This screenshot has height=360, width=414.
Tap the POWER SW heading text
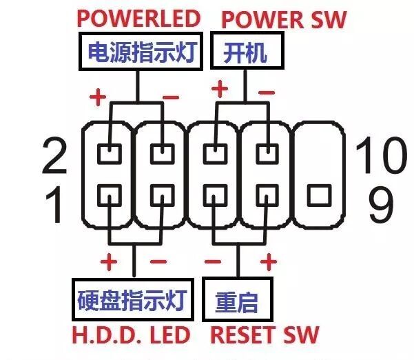click(284, 19)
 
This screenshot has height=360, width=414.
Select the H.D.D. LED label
click(130, 336)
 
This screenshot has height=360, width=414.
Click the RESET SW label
click(265, 336)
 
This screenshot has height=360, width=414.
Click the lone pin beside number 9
click(318, 196)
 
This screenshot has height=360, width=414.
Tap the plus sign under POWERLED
click(97, 97)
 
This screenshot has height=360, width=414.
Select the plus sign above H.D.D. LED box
click(109, 262)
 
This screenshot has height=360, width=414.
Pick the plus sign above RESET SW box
click(269, 262)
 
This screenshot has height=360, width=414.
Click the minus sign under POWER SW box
click(266, 92)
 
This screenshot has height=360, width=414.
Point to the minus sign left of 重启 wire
click(213, 263)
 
